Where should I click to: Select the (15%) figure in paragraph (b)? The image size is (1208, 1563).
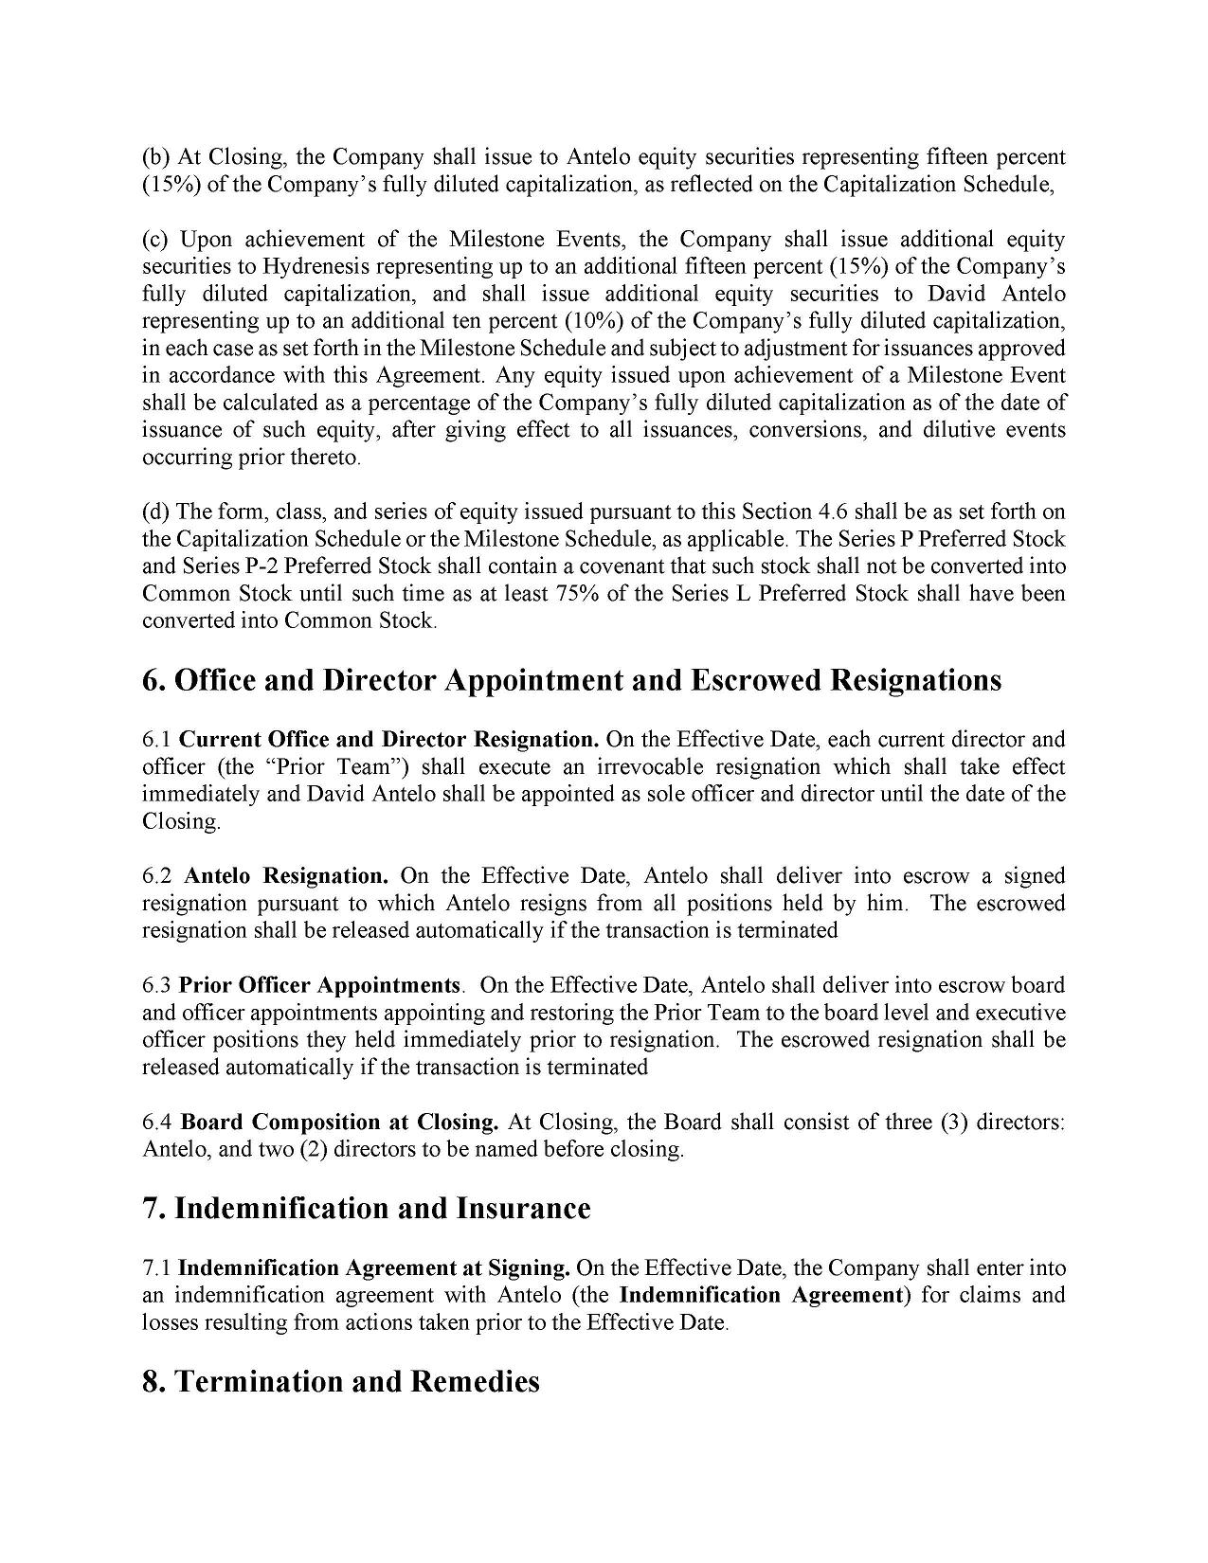click(x=171, y=184)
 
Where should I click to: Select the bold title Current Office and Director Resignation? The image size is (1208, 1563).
click(x=388, y=739)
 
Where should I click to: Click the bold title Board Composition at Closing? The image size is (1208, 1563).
click(x=339, y=1123)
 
